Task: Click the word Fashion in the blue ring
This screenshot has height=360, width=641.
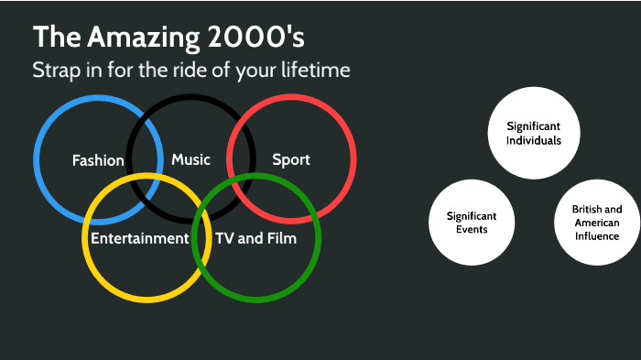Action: (x=98, y=160)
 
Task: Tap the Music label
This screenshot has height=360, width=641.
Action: (x=190, y=159)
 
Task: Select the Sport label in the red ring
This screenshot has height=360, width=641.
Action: (x=291, y=159)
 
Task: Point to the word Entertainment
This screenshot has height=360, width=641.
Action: (x=139, y=238)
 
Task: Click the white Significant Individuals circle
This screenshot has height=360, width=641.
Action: (x=534, y=133)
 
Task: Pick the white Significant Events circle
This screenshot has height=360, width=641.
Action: (x=472, y=223)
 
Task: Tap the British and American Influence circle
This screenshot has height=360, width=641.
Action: (x=596, y=223)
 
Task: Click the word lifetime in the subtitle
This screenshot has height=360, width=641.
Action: (x=317, y=71)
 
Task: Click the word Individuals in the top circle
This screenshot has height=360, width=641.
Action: (x=534, y=140)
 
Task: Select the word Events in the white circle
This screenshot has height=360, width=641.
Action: (x=472, y=229)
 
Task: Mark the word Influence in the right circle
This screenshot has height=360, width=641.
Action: (x=596, y=236)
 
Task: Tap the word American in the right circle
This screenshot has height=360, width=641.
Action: (x=596, y=223)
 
